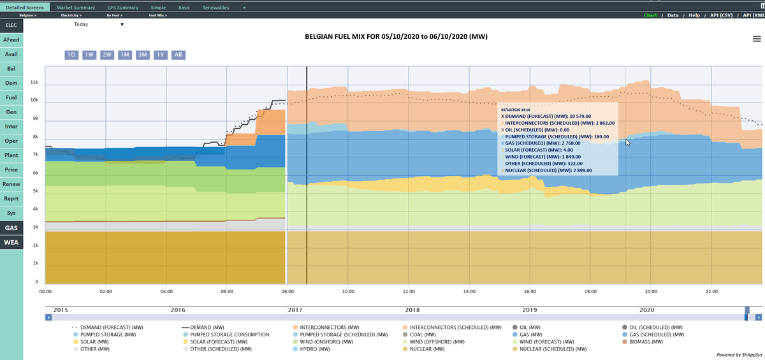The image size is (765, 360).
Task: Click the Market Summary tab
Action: [76, 7]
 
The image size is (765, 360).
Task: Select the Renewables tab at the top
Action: [215, 7]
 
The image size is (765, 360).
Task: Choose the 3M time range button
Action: [143, 55]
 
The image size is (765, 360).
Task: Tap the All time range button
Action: [178, 55]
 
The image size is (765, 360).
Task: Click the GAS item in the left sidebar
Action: [11, 227]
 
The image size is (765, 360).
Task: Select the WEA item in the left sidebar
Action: [11, 243]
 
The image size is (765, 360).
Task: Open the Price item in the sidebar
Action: [11, 170]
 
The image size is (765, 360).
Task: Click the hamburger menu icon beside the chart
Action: [756, 39]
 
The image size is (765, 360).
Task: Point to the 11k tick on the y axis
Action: [35, 83]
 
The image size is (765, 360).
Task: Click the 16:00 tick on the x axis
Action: [529, 291]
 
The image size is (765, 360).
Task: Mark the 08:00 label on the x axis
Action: [288, 291]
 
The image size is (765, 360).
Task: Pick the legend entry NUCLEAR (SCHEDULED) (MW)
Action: [553, 349]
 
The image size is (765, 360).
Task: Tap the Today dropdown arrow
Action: [122, 25]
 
